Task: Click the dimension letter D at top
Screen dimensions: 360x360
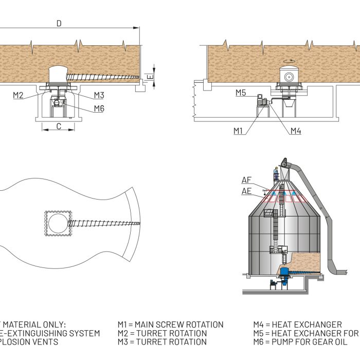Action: (x=59, y=23)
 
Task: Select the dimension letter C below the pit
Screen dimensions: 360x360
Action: (x=58, y=126)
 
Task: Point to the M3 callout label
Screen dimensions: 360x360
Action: (x=99, y=95)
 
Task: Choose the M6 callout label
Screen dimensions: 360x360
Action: (x=99, y=108)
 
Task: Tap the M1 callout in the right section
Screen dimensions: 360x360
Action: (x=238, y=131)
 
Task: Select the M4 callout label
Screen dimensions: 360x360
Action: (x=295, y=131)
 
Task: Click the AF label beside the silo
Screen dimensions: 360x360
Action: (x=247, y=180)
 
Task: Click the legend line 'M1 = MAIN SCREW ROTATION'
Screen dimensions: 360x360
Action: (x=171, y=325)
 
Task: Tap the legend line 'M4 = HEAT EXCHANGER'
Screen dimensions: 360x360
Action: (x=297, y=325)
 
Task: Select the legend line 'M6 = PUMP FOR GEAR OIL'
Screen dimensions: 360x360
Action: (x=307, y=341)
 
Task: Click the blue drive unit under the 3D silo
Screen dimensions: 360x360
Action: (x=282, y=274)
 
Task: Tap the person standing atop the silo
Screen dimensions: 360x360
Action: (x=276, y=173)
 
